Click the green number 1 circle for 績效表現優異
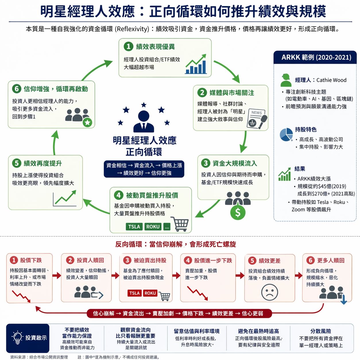(128, 47)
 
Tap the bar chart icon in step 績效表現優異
(196, 65)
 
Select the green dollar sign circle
(238, 212)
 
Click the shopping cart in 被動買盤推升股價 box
(181, 224)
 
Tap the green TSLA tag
(134, 227)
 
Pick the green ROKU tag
(153, 227)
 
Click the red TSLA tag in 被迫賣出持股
(134, 293)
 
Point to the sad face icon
(270, 292)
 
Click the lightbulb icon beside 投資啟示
(17, 338)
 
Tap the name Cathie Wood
(331, 80)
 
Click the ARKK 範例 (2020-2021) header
(316, 57)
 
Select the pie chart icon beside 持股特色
(286, 135)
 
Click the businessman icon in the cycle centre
(144, 121)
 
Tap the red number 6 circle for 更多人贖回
(310, 260)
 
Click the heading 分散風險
(321, 331)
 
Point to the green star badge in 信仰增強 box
(88, 123)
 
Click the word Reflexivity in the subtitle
(132, 29)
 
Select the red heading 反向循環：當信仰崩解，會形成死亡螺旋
(176, 244)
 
